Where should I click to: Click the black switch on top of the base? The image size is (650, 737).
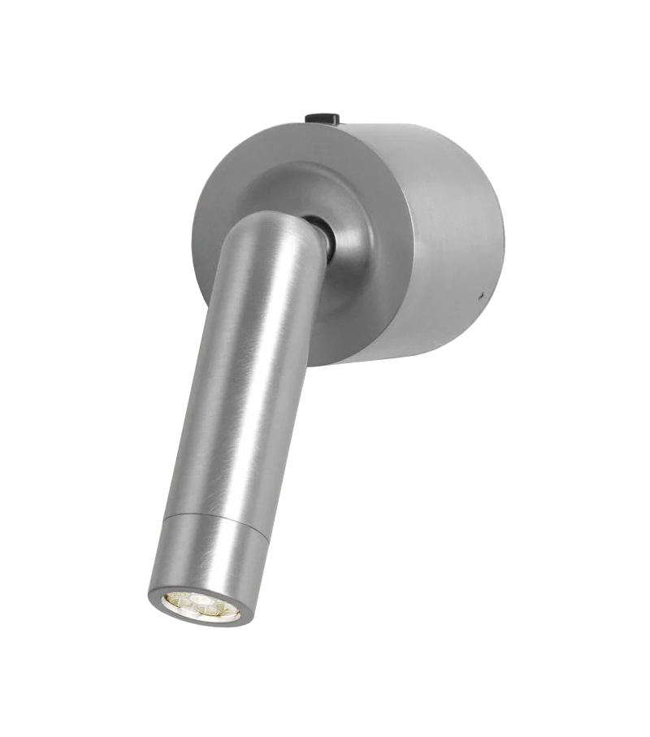point(322,119)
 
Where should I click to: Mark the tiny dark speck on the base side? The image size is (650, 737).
point(483,290)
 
